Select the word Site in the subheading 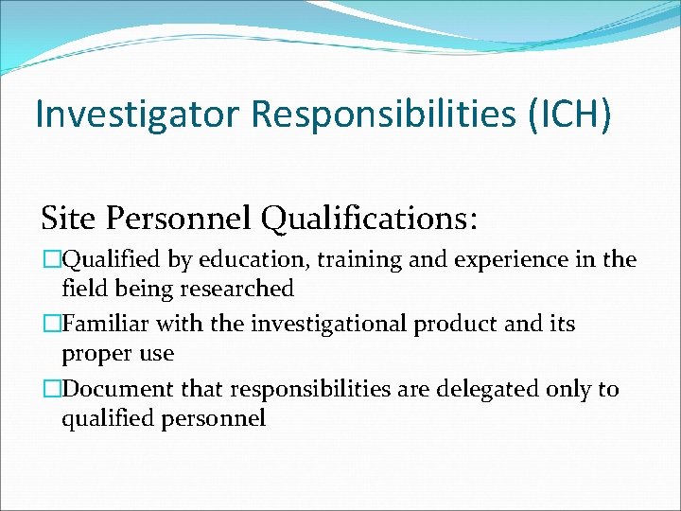(x=66, y=219)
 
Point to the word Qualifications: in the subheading (x=370, y=219)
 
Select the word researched (x=240, y=288)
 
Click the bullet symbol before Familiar (x=51, y=325)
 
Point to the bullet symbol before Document (x=51, y=389)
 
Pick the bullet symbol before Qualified (x=51, y=260)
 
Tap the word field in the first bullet (x=80, y=288)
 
